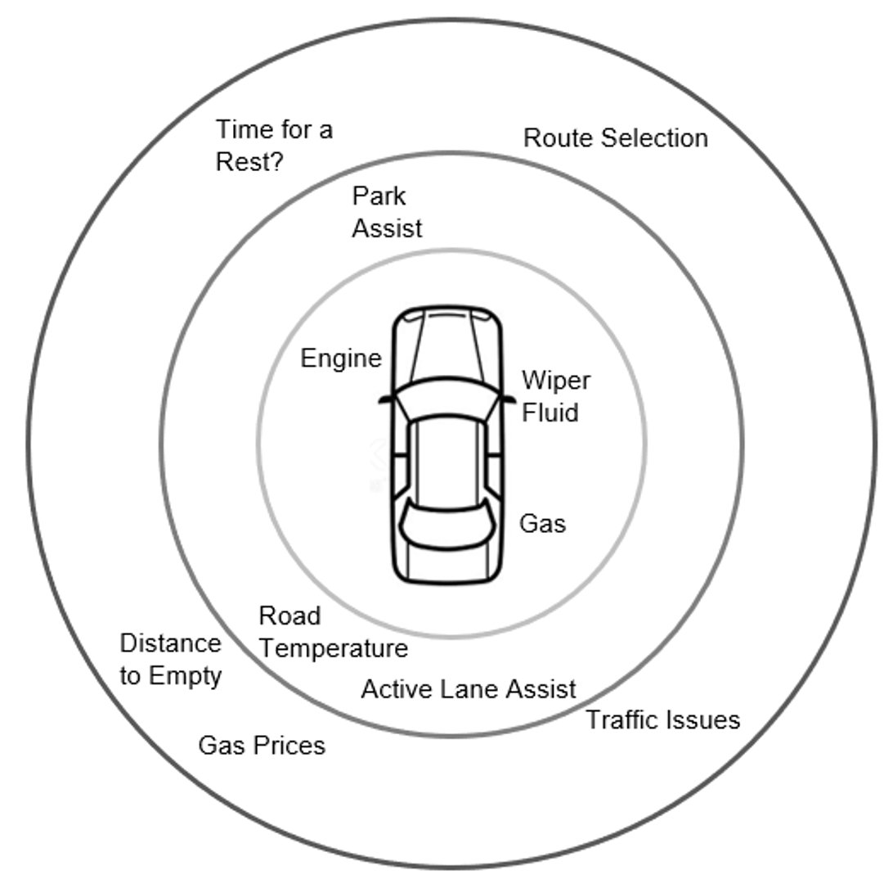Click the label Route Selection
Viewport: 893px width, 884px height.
pyautogui.click(x=615, y=138)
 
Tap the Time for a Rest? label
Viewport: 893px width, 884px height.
pyautogui.click(x=273, y=145)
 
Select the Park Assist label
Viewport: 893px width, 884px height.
pyautogui.click(x=386, y=212)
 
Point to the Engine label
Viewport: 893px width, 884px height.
pyautogui.click(x=341, y=359)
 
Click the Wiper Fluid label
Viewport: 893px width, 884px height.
pyautogui.click(x=555, y=396)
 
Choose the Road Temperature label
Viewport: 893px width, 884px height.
pyautogui.click(x=333, y=632)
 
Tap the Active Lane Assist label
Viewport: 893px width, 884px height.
pyautogui.click(x=469, y=689)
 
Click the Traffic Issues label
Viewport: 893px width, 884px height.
pyautogui.click(x=663, y=720)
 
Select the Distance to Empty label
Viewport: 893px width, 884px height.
pyautogui.click(x=170, y=660)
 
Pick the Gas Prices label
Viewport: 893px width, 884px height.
pyautogui.click(x=262, y=746)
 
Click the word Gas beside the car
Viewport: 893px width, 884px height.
pyautogui.click(x=542, y=523)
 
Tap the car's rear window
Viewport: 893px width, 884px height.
pyautogui.click(x=446, y=525)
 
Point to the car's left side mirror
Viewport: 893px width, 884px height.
pyautogui.click(x=385, y=398)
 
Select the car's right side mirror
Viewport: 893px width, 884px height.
pyautogui.click(x=509, y=398)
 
